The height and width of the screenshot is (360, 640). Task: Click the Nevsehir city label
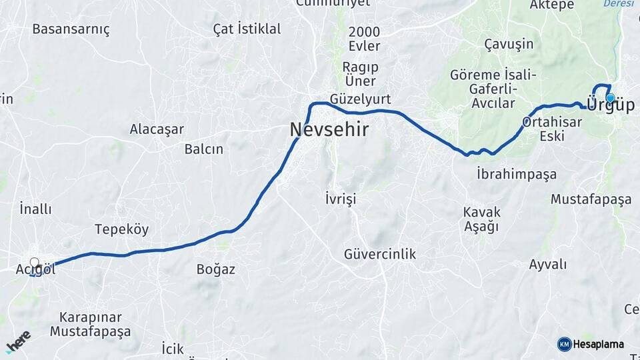pos(329,130)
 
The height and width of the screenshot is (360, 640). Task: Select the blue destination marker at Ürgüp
pos(610,98)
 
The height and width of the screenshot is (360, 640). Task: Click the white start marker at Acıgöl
pos(35,263)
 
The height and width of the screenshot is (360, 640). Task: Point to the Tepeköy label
pos(121,229)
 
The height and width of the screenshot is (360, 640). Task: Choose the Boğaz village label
pos(215,269)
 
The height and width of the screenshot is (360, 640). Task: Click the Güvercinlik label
pos(380,254)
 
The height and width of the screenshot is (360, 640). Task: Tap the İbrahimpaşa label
pos(517,174)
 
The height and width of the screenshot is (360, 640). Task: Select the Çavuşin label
pos(509,44)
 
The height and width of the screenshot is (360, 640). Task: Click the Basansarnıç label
pos(71,29)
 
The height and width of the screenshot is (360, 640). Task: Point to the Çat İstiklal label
pos(247,29)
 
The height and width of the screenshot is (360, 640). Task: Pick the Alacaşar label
pos(157,129)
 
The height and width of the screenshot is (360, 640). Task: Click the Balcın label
pos(204,149)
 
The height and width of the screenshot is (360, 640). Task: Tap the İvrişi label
pos(341,199)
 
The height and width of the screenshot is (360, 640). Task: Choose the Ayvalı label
pos(547,265)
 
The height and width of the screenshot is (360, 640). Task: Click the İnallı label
pos(35,209)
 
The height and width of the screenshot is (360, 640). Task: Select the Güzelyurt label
pos(366,99)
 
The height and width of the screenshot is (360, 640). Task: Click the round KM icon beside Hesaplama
pos(564,344)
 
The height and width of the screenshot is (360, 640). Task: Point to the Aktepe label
pos(551,5)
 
